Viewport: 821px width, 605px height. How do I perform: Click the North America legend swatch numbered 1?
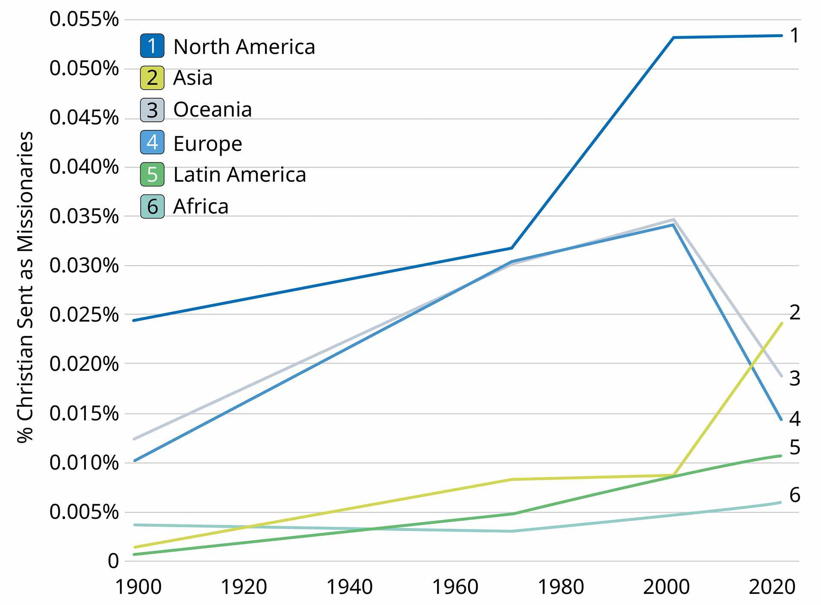coord(152,46)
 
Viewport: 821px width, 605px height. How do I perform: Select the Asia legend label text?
coord(193,78)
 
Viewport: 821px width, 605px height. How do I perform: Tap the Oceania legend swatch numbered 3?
coord(152,110)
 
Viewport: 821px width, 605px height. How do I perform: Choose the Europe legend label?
coord(208,143)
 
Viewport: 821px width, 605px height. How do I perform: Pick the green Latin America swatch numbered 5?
coord(152,174)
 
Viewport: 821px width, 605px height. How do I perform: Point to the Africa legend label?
coord(201,206)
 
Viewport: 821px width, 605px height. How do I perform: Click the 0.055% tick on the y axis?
coord(84,19)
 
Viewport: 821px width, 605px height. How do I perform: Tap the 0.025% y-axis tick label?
coord(84,315)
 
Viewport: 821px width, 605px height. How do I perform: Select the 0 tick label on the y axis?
coord(113,561)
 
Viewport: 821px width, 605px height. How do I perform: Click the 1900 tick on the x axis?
coord(139,587)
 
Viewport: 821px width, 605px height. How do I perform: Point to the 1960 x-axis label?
coord(455,587)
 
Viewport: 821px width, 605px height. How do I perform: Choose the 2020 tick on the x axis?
coord(772,587)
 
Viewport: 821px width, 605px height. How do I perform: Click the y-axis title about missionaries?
coord(25,287)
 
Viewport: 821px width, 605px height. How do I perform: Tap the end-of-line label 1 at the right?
coord(794,35)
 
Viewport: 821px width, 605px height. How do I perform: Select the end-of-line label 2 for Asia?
coord(794,312)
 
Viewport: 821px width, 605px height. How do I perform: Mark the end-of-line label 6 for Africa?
coord(794,495)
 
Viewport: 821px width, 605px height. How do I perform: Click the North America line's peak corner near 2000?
coord(673,38)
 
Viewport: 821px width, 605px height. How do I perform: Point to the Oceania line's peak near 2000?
coord(673,220)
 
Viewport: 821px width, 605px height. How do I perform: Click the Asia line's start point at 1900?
coord(135,547)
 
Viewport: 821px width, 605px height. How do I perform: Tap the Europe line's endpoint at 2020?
coord(781,420)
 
